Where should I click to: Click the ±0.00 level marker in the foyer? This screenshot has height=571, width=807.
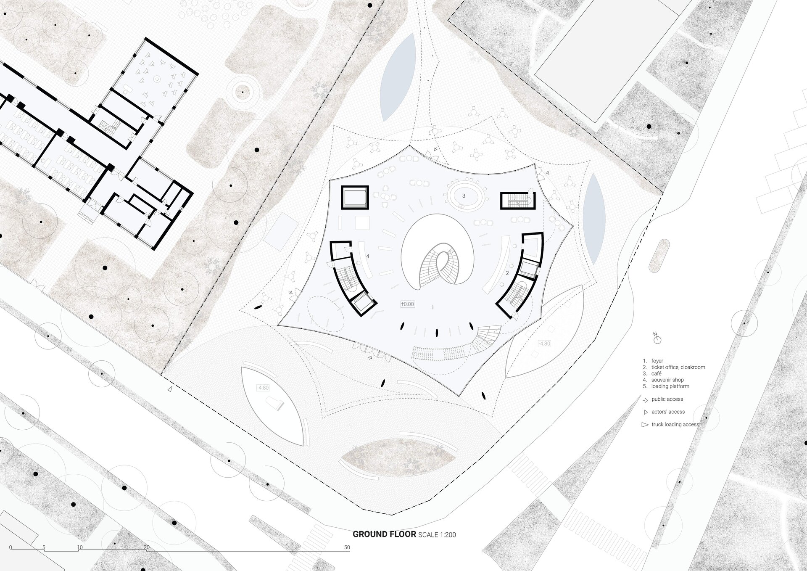tap(408, 304)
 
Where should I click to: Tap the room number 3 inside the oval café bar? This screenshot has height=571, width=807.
tap(464, 196)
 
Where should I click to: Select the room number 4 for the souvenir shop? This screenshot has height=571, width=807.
tap(368, 256)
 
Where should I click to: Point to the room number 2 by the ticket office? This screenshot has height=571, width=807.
tap(507, 273)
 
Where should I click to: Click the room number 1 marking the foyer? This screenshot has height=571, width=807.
tap(433, 307)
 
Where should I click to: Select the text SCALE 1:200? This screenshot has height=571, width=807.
tap(437, 535)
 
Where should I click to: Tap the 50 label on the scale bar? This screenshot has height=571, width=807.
tap(347, 547)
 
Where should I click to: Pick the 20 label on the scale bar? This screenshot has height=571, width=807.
tap(146, 547)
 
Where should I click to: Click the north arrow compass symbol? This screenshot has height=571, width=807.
tap(657, 339)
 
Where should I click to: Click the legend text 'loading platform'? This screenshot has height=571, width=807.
tap(670, 386)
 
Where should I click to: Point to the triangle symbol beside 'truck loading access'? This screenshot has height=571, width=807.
tap(645, 425)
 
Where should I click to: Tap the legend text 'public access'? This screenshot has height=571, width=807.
tap(667, 399)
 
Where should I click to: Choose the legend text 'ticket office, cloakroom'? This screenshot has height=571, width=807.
tap(678, 367)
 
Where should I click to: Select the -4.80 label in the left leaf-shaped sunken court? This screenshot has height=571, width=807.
tap(263, 388)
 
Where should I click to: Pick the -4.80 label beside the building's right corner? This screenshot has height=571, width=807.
tap(544, 344)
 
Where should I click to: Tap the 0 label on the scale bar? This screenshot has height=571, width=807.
tap(11, 547)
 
